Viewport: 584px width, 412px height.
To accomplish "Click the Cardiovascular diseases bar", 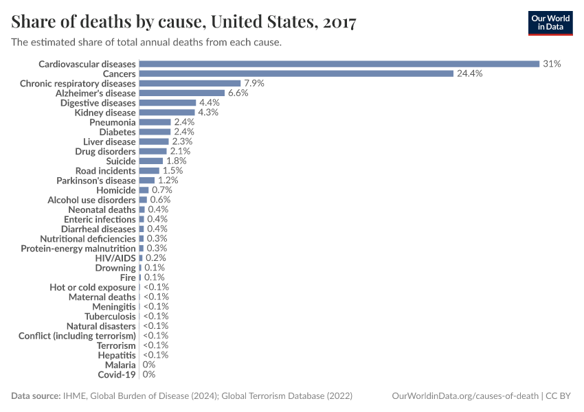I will pos(339,64).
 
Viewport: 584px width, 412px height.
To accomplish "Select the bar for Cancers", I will pos(296,73).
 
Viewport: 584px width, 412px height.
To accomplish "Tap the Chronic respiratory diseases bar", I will pos(190,83).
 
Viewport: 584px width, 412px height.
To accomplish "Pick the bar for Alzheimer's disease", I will pos(181,93).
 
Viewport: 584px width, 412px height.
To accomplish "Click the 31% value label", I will pos(552,64).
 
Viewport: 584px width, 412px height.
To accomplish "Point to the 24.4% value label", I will pos(470,73).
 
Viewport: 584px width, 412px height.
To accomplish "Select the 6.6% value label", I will pos(238,93).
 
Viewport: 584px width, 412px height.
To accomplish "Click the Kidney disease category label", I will pos(105,112).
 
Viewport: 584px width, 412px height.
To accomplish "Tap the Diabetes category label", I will pos(117,131).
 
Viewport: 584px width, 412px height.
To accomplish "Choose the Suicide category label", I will pos(121,161).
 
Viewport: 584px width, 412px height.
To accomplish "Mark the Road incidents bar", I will pos(149,170).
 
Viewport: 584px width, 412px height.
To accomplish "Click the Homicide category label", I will pos(116,190).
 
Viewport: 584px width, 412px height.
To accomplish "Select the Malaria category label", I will pos(120,365).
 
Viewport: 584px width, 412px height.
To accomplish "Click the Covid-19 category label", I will pos(117,374).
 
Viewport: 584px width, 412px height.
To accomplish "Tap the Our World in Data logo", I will pos(550,23).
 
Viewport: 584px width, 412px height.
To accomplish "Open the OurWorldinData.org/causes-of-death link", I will pos(464,396).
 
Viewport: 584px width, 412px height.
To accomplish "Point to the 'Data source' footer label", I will pos(36,396).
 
